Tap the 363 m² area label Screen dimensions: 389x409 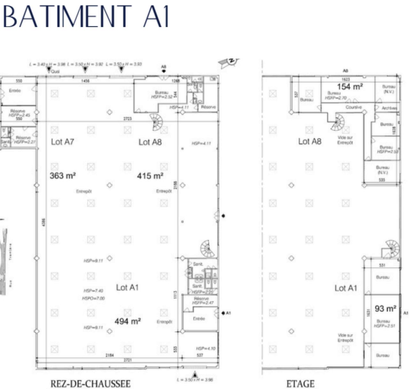63,175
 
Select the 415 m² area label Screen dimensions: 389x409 150,176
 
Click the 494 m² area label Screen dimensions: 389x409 127,321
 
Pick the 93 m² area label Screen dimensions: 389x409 385,309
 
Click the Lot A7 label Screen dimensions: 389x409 62,142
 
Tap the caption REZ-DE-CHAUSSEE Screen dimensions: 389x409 90,383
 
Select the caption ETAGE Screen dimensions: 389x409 300,384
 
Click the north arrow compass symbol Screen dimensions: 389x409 229,62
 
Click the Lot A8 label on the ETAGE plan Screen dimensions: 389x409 310,141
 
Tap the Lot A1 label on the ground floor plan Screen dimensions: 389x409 127,287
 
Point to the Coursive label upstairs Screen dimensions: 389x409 354,107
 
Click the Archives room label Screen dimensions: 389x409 389,108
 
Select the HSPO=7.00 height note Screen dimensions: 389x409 93,298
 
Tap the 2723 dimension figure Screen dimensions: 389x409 127,118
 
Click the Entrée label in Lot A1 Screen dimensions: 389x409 199,319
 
